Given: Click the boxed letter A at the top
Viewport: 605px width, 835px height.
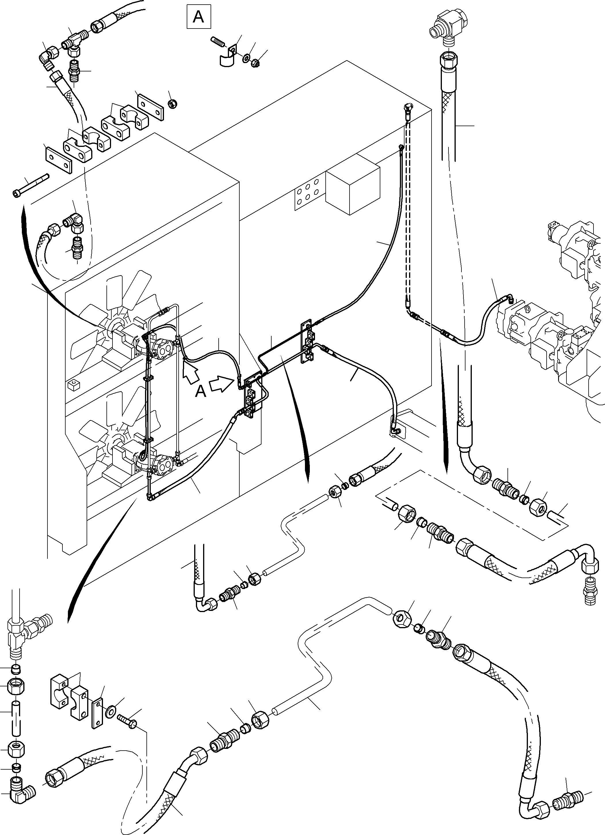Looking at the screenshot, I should [x=199, y=17].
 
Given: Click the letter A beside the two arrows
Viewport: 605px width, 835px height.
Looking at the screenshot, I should [x=201, y=392].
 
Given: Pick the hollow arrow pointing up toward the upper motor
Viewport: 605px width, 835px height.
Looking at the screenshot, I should [x=190, y=372].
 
